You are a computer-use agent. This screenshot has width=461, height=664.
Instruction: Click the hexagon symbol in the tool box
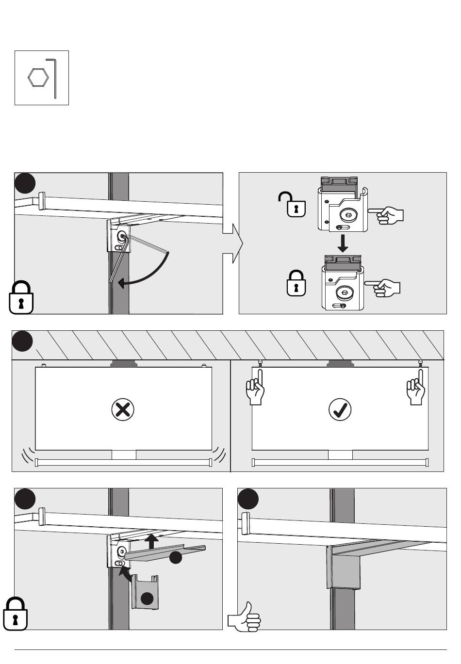[38, 78]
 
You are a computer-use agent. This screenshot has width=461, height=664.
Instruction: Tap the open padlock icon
[293, 204]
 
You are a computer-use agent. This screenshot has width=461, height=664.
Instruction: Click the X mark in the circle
[123, 410]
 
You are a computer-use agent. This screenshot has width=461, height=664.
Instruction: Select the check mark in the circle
[340, 410]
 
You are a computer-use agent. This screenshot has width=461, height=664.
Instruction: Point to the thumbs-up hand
[245, 616]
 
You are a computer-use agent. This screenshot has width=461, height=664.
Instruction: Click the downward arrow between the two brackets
[343, 243]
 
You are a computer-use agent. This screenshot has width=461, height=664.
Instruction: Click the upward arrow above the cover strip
[152, 541]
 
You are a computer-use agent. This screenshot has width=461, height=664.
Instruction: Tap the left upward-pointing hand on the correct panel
[255, 388]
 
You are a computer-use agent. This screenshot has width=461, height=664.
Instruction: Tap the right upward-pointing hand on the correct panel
[416, 388]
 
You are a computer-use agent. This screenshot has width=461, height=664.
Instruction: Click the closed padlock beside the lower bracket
[296, 283]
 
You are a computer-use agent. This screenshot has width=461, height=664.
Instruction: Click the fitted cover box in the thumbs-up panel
[344, 570]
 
